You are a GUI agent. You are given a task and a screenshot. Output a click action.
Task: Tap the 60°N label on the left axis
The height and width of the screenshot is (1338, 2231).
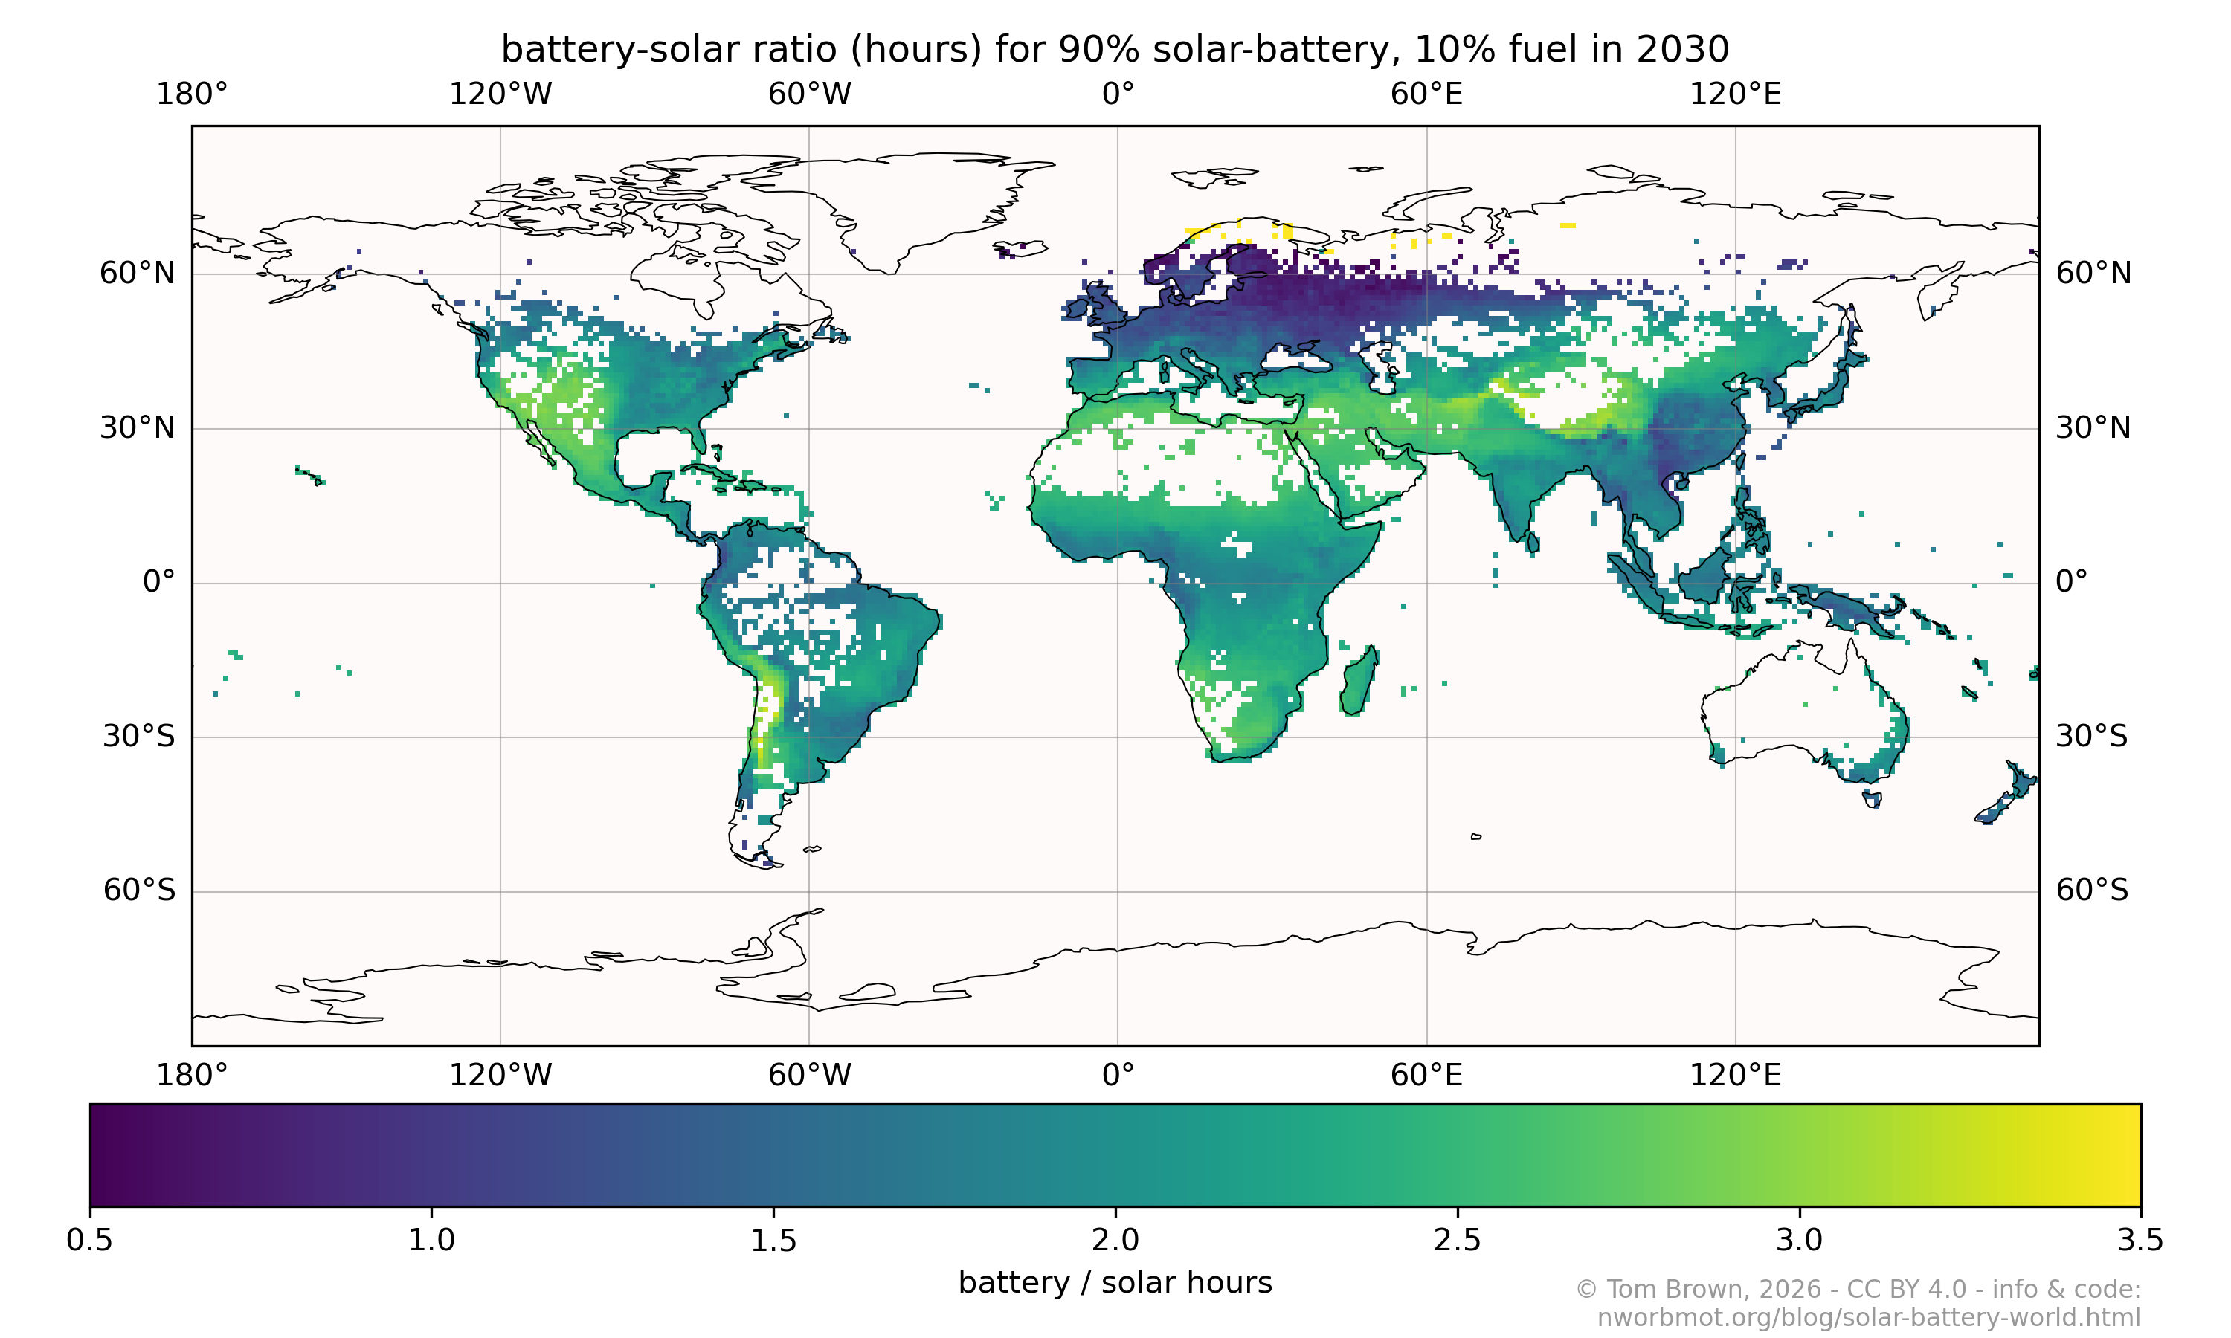pyautogui.click(x=137, y=274)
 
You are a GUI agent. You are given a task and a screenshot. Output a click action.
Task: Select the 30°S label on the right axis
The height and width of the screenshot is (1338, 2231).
pyautogui.click(x=2091, y=736)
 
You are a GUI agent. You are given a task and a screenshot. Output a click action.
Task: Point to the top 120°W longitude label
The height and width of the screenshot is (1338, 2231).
pyautogui.click(x=500, y=94)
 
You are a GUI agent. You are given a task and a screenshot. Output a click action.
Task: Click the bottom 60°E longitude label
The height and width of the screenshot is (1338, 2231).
pyautogui.click(x=1426, y=1075)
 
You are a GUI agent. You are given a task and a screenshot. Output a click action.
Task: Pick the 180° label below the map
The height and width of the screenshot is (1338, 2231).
pyautogui.click(x=192, y=1075)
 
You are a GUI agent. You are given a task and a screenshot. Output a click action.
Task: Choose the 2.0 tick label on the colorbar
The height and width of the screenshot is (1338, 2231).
pyautogui.click(x=1115, y=1241)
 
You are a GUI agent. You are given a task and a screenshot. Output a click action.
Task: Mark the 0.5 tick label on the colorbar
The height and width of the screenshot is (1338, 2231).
pyautogui.click(x=90, y=1241)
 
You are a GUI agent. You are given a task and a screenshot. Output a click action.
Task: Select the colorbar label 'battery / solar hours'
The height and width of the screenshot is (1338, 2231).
pyautogui.click(x=1115, y=1282)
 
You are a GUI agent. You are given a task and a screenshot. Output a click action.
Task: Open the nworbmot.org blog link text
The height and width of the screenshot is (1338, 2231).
pyautogui.click(x=1869, y=1317)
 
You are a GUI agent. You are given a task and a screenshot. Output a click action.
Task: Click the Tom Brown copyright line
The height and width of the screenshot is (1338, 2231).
pyautogui.click(x=1858, y=1290)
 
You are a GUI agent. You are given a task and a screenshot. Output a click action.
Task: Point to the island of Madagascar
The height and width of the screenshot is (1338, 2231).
pyautogui.click(x=1358, y=683)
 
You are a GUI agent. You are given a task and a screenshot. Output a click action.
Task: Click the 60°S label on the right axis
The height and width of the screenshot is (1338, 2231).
pyautogui.click(x=2091, y=890)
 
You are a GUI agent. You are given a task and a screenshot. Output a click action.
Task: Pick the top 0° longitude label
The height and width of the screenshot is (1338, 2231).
pyautogui.click(x=1117, y=94)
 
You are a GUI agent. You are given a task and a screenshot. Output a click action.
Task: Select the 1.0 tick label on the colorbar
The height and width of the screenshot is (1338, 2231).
pyautogui.click(x=432, y=1241)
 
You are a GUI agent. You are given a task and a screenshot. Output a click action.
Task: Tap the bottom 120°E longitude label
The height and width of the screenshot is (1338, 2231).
pyautogui.click(x=1735, y=1075)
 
